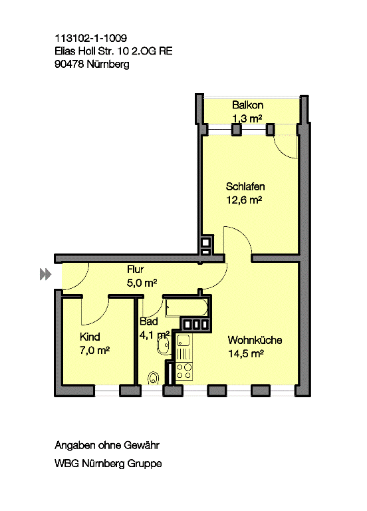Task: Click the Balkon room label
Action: pos(247,105)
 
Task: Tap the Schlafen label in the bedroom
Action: pos(245,187)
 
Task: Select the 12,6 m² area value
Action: pos(244,200)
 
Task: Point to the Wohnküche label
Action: pos(255,340)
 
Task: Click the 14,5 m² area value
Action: pos(246,353)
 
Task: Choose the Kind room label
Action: pos(90,337)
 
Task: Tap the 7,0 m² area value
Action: pos(94,351)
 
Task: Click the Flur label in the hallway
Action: pos(135,269)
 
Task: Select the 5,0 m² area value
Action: pos(142,283)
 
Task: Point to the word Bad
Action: pos(148,321)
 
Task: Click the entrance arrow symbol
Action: pos(46,274)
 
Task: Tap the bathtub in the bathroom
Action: pos(186,307)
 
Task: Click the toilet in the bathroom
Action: pos(154,379)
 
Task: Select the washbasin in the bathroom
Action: pos(163,345)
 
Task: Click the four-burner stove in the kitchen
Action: pos(184,371)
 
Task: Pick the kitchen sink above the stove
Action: pos(183,341)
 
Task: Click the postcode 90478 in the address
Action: pos(69,64)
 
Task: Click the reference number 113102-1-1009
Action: pos(91,38)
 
